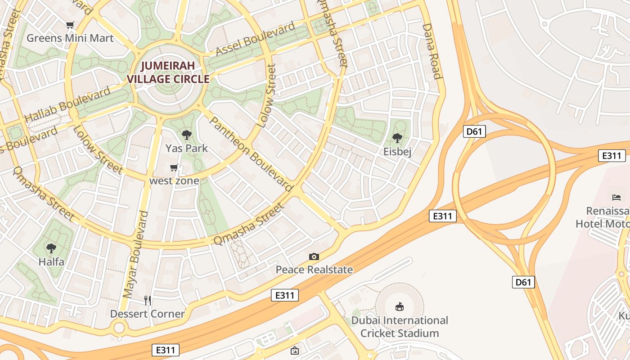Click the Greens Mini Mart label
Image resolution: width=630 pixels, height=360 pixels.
70,38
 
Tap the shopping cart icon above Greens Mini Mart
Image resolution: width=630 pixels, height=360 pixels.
70,25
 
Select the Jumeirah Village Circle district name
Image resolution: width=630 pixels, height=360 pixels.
168,72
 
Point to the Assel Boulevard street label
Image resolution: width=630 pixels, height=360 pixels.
255,40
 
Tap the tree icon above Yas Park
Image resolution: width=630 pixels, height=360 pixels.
186,135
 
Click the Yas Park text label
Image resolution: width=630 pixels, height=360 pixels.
186,148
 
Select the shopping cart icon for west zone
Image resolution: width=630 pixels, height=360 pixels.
174,168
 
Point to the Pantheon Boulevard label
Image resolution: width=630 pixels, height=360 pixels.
251,153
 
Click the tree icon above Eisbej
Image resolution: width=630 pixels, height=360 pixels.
397,138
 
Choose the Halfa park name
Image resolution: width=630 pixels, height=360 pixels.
51,261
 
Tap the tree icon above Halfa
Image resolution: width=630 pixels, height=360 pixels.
51,248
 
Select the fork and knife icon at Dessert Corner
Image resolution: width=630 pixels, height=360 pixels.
148,300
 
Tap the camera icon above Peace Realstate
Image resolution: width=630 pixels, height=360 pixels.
314,256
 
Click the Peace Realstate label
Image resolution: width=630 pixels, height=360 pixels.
314,270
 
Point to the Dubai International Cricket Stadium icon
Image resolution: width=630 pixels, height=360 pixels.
399,307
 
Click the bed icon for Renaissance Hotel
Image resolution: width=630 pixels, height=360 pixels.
616,197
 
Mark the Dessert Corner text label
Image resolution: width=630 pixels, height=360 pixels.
148,314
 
